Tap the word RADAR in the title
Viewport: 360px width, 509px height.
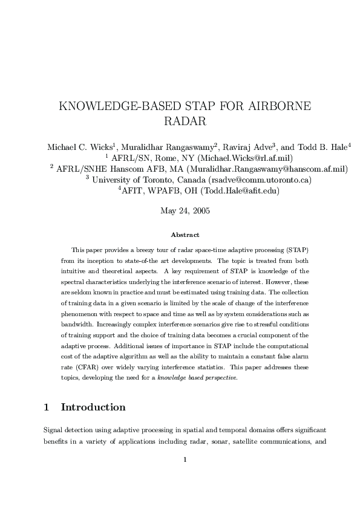(x=185, y=121)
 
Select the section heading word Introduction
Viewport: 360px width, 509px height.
(x=93, y=407)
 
